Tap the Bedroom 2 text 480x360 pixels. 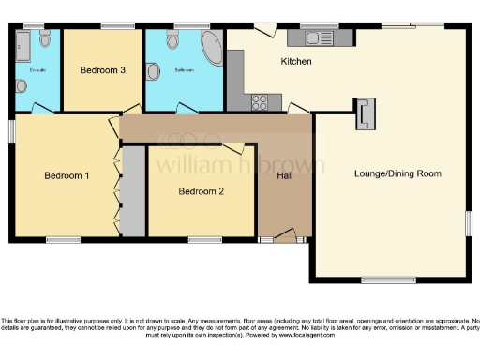[x=202, y=191]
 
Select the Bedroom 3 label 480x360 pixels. [x=102, y=69]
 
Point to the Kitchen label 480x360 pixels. [x=296, y=62]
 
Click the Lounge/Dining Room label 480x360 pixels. [x=397, y=173]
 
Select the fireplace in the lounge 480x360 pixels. [x=365, y=114]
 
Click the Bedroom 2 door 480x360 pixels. [x=235, y=147]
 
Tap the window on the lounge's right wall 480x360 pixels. [x=468, y=222]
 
